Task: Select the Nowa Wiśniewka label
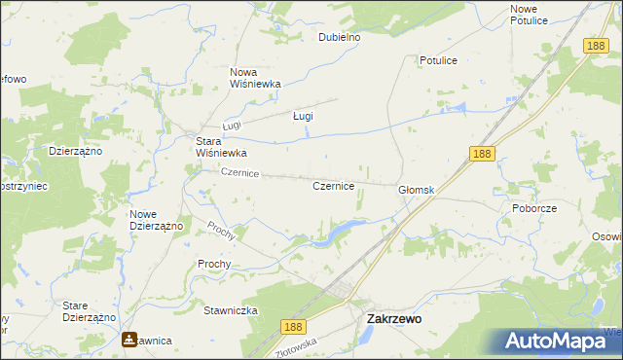point(255,78)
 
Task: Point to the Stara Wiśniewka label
point(221,147)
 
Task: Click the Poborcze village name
point(533,208)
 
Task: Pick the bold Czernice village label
point(333,185)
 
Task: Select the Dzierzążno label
point(76,151)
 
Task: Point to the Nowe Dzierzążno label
point(157,219)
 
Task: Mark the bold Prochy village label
point(214,264)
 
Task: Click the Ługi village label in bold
point(303,116)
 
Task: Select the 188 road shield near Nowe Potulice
point(597,45)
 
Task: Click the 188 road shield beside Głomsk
point(480,154)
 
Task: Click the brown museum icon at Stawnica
point(129,341)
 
